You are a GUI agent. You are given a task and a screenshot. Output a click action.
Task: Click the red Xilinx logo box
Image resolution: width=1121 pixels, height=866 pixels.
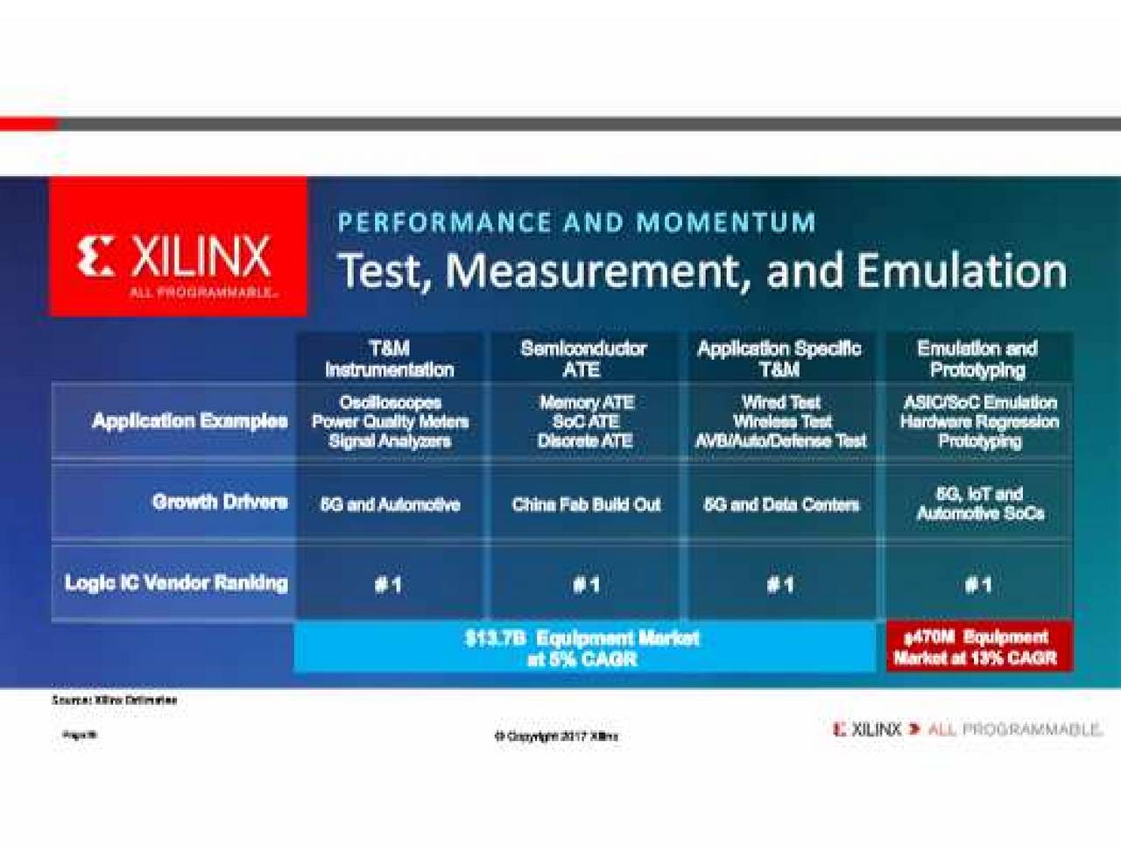178,247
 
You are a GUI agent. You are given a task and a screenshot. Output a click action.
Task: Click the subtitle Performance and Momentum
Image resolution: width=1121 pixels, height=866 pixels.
576,222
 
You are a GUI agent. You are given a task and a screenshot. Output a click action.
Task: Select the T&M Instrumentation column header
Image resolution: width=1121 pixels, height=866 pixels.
390,359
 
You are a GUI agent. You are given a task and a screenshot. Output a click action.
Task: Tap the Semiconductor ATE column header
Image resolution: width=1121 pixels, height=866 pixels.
583,359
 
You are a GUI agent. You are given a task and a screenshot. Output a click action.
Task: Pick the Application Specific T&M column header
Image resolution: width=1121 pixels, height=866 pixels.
779,359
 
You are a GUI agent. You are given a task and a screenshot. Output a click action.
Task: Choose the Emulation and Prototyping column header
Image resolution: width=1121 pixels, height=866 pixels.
977,359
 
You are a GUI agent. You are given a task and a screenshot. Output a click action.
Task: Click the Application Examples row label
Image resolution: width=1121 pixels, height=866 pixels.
189,421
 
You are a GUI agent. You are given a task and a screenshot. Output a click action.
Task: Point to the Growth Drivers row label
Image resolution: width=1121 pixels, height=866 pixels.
220,502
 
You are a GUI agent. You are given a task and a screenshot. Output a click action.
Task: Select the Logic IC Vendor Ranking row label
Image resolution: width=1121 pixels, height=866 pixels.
176,583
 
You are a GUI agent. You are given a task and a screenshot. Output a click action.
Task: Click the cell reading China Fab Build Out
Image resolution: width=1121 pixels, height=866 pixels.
586,504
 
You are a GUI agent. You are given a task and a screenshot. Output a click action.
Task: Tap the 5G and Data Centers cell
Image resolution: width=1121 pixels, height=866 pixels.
781,504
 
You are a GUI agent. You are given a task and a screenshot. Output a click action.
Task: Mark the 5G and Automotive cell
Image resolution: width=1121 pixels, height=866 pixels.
390,504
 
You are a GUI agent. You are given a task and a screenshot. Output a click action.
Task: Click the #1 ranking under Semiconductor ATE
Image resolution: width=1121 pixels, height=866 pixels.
586,584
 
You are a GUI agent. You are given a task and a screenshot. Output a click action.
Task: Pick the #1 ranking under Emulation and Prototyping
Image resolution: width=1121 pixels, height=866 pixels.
978,584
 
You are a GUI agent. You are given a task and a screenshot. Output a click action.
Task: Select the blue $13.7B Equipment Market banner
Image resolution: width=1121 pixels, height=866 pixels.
583,648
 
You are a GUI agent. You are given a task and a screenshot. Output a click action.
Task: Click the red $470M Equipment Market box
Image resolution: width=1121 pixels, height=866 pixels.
978,648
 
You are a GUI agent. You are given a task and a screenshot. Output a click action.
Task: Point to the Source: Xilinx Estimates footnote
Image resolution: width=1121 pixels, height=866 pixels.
115,701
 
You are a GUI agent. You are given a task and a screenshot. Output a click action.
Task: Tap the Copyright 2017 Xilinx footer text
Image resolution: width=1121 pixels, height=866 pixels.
556,736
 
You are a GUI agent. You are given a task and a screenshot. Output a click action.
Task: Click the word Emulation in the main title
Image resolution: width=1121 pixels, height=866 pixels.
962,271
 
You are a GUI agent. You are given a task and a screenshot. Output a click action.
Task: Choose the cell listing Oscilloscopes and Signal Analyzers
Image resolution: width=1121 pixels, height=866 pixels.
390,422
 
